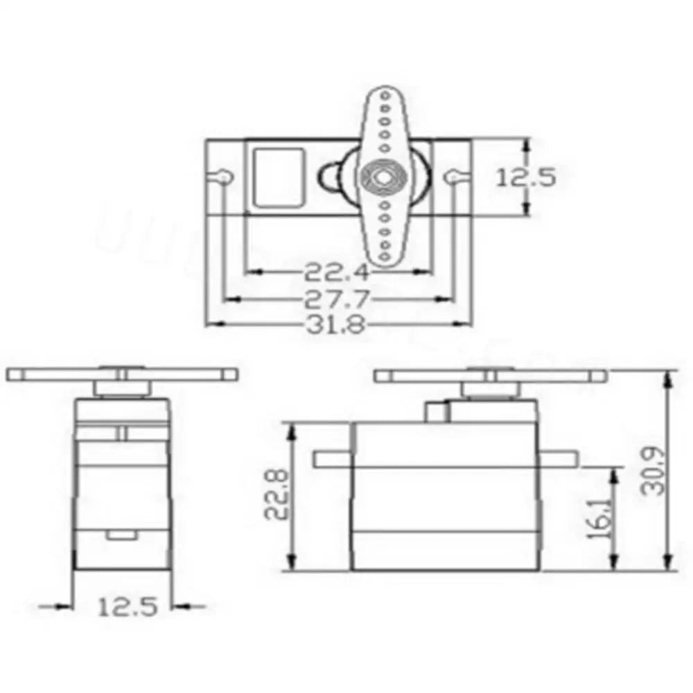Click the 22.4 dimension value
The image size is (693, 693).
(x=336, y=271)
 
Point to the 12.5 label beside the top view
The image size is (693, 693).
(x=525, y=177)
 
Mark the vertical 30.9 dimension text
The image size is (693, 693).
(x=652, y=471)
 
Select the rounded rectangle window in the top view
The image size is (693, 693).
(x=279, y=177)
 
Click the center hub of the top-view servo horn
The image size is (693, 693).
(x=380, y=177)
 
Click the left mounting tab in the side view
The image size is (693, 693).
(x=333, y=459)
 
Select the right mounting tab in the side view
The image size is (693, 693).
(x=559, y=459)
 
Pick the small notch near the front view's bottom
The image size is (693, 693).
(x=122, y=534)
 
